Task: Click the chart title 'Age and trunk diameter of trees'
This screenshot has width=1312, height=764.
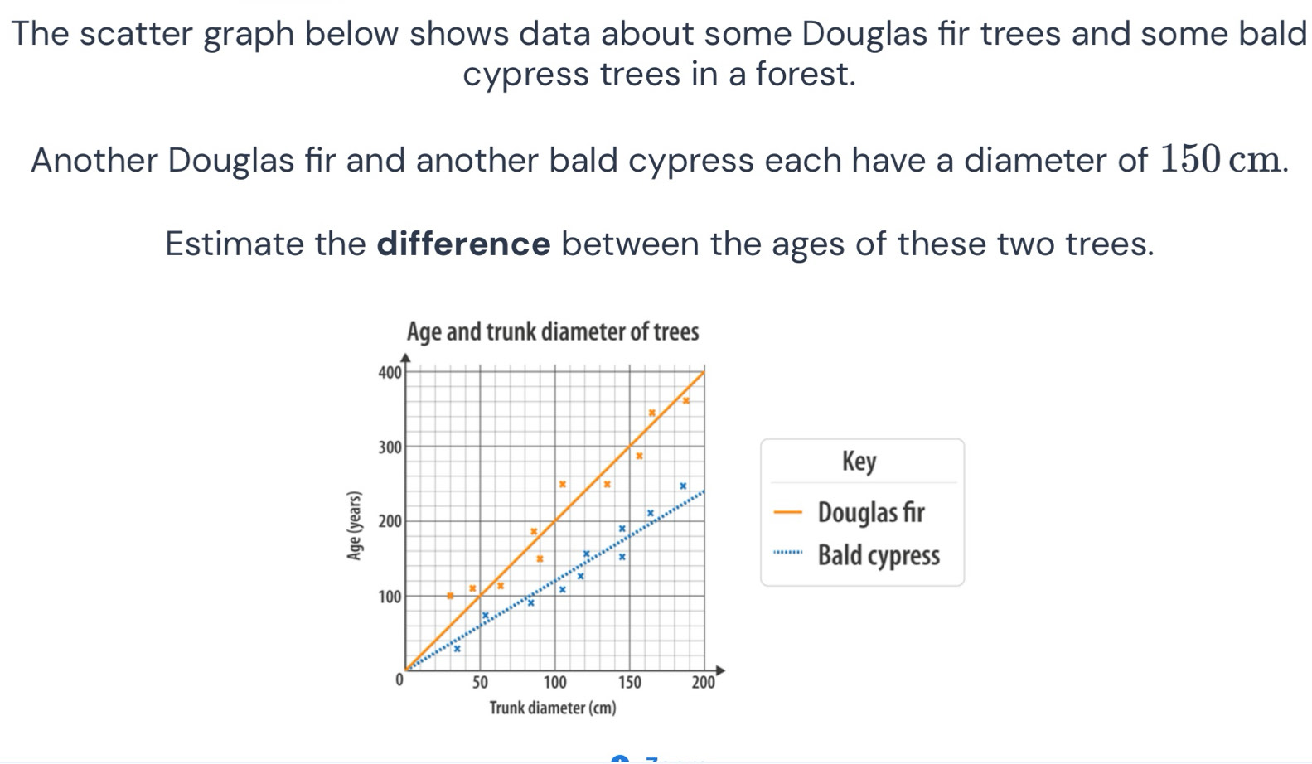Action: point(553,332)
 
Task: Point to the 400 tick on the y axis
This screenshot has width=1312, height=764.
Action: point(390,372)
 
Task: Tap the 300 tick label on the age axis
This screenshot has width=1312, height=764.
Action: point(390,447)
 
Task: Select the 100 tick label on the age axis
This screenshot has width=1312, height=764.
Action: point(390,597)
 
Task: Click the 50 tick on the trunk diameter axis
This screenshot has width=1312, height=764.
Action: point(480,683)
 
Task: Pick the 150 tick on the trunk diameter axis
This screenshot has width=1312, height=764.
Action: point(630,683)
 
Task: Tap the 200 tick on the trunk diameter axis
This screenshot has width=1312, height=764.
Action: point(704,683)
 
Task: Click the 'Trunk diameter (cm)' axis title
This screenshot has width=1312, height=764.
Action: point(553,708)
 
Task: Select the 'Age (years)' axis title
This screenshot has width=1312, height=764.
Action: point(354,526)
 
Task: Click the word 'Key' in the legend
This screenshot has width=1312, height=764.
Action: point(859,462)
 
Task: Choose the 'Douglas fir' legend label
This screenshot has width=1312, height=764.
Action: point(871,512)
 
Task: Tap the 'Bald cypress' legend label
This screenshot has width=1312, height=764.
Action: point(879,555)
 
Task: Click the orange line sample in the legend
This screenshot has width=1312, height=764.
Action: point(788,512)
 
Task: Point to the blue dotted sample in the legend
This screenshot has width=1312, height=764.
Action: point(788,552)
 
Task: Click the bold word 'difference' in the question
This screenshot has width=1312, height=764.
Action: point(463,244)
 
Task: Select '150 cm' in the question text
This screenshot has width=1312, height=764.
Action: point(1220,159)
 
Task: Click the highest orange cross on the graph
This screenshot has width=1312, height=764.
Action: point(686,400)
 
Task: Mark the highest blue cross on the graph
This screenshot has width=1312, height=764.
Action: point(683,486)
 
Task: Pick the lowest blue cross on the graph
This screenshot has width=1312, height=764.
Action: point(458,649)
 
